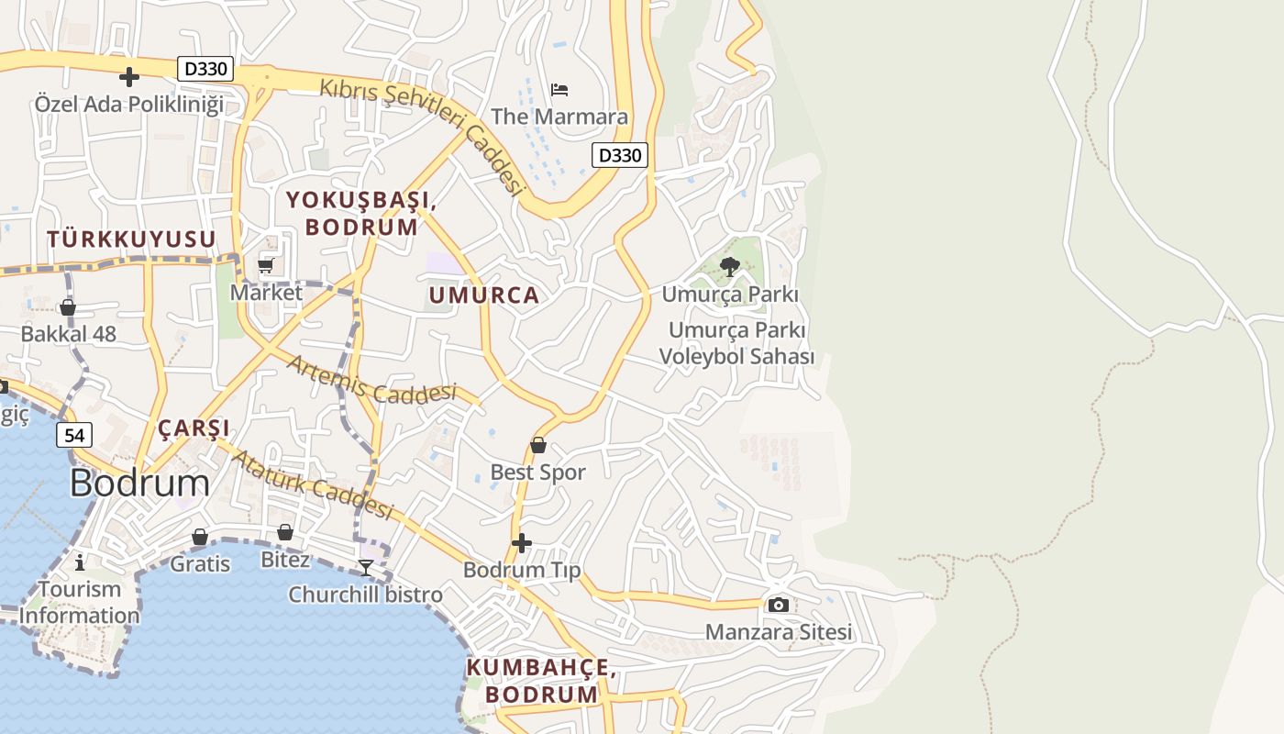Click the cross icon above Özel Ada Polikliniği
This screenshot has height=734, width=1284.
coord(129,76)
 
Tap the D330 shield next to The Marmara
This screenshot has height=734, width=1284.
coord(619,155)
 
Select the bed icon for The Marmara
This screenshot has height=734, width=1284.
coord(559,89)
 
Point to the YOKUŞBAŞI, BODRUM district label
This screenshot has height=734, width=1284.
coord(360,213)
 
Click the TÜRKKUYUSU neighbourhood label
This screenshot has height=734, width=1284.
coord(131,239)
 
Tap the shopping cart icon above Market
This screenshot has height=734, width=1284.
coord(266,265)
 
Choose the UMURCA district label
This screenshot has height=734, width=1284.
coord(483,295)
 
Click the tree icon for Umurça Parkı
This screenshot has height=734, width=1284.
coord(730,267)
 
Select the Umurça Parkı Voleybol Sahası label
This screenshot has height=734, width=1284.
coord(736,343)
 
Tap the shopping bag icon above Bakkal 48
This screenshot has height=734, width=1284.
coord(68,306)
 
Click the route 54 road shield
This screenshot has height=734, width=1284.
coord(74,435)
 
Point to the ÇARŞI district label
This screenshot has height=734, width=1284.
coord(194,428)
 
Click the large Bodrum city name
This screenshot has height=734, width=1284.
coord(139,483)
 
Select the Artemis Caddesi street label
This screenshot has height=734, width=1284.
coord(371,379)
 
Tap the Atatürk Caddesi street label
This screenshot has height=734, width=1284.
coord(312,484)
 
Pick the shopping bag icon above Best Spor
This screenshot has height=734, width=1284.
coord(538,445)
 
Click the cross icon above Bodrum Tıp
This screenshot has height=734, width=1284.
coord(521,543)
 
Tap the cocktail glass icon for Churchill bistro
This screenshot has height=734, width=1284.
coord(365,567)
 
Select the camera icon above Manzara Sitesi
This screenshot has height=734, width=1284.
coord(778,605)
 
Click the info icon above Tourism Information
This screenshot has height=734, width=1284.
coord(80,562)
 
